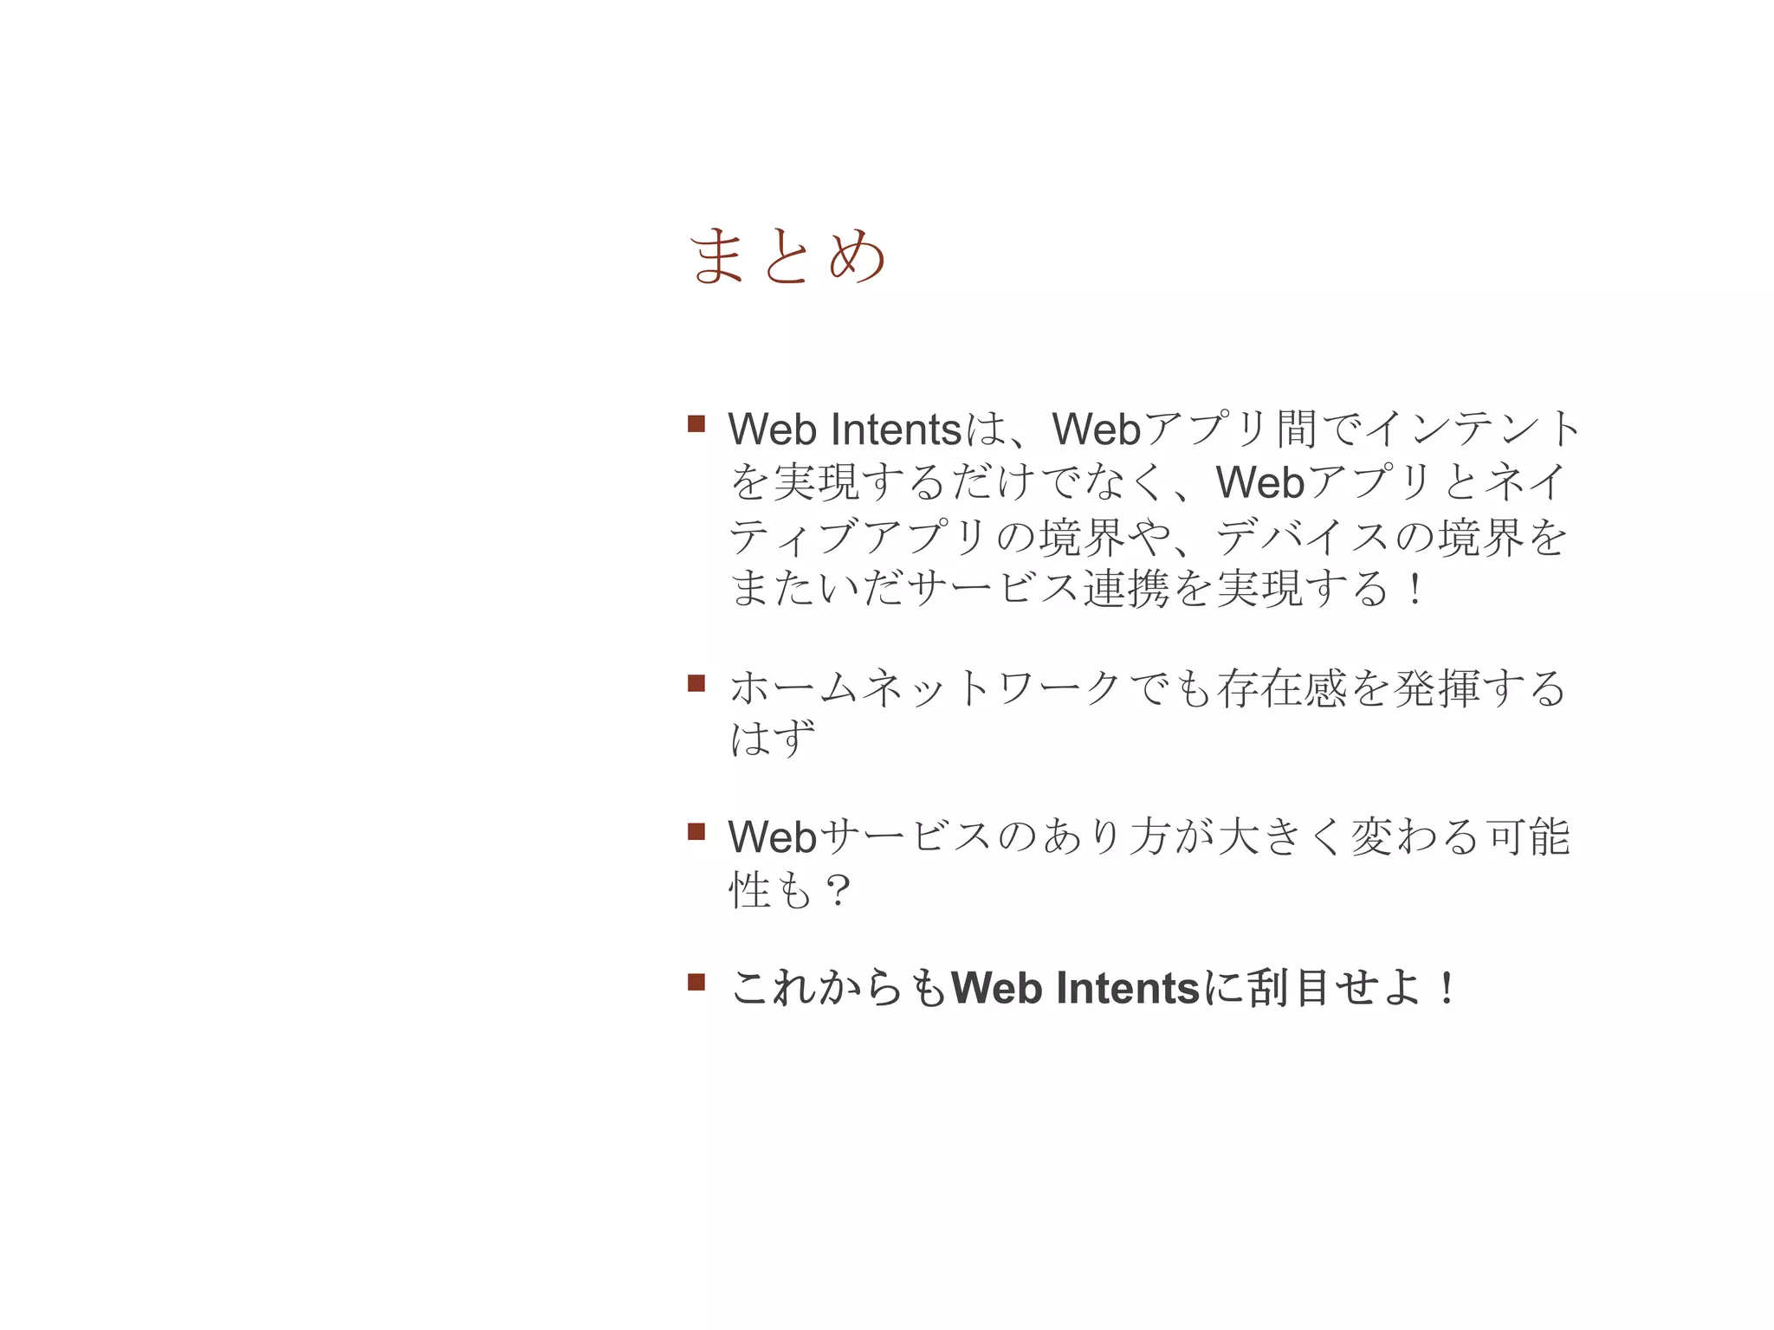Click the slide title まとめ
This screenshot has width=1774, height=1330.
pyautogui.click(x=787, y=255)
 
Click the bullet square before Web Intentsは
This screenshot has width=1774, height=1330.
pyautogui.click(x=696, y=423)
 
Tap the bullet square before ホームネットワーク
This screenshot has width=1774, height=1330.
pyautogui.click(x=696, y=683)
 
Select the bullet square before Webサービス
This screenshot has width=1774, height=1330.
pyautogui.click(x=696, y=832)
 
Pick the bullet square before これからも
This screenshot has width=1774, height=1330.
pyautogui.click(x=696, y=982)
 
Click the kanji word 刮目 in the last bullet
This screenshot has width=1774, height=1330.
pyautogui.click(x=1290, y=988)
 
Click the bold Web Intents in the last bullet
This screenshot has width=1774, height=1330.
pyautogui.click(x=1075, y=988)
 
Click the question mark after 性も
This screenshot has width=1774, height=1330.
pyautogui.click(x=838, y=890)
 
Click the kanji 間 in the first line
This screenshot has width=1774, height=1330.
pyautogui.click(x=1297, y=429)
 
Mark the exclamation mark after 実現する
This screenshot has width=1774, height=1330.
pyautogui.click(x=1415, y=590)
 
